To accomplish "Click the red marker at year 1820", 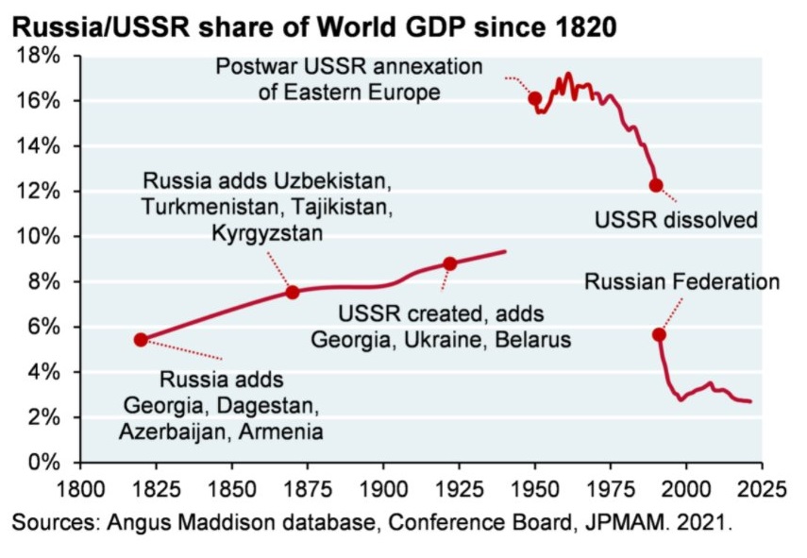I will point(141,340).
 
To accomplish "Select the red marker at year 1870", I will point(293,293).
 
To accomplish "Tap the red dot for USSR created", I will point(450,263).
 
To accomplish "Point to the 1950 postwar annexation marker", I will point(535,98).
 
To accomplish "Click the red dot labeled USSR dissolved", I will point(656,185).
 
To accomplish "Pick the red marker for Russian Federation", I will point(660,334).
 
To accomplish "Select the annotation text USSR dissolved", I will point(676,220).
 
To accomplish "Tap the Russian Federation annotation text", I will point(681,281).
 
